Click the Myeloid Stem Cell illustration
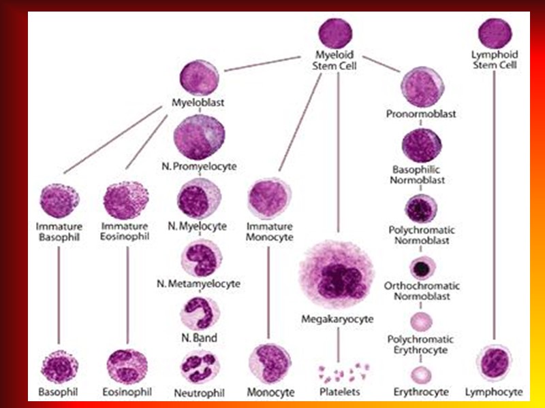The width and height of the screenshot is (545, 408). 334,33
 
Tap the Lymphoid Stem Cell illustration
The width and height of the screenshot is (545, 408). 495,33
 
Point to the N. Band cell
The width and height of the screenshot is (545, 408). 200,313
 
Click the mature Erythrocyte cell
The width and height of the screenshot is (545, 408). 422,374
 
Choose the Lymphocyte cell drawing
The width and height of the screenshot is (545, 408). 495,363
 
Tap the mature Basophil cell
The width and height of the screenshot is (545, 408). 59,368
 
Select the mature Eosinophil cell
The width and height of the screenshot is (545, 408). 127,367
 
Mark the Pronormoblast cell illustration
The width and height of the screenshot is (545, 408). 421,87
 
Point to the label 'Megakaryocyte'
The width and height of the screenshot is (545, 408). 337,318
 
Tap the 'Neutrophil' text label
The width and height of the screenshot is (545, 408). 200,392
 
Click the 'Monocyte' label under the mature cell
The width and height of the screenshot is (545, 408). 270,392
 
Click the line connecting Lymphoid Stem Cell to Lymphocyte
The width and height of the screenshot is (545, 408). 495,204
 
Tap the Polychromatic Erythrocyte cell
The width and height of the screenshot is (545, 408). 422,321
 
